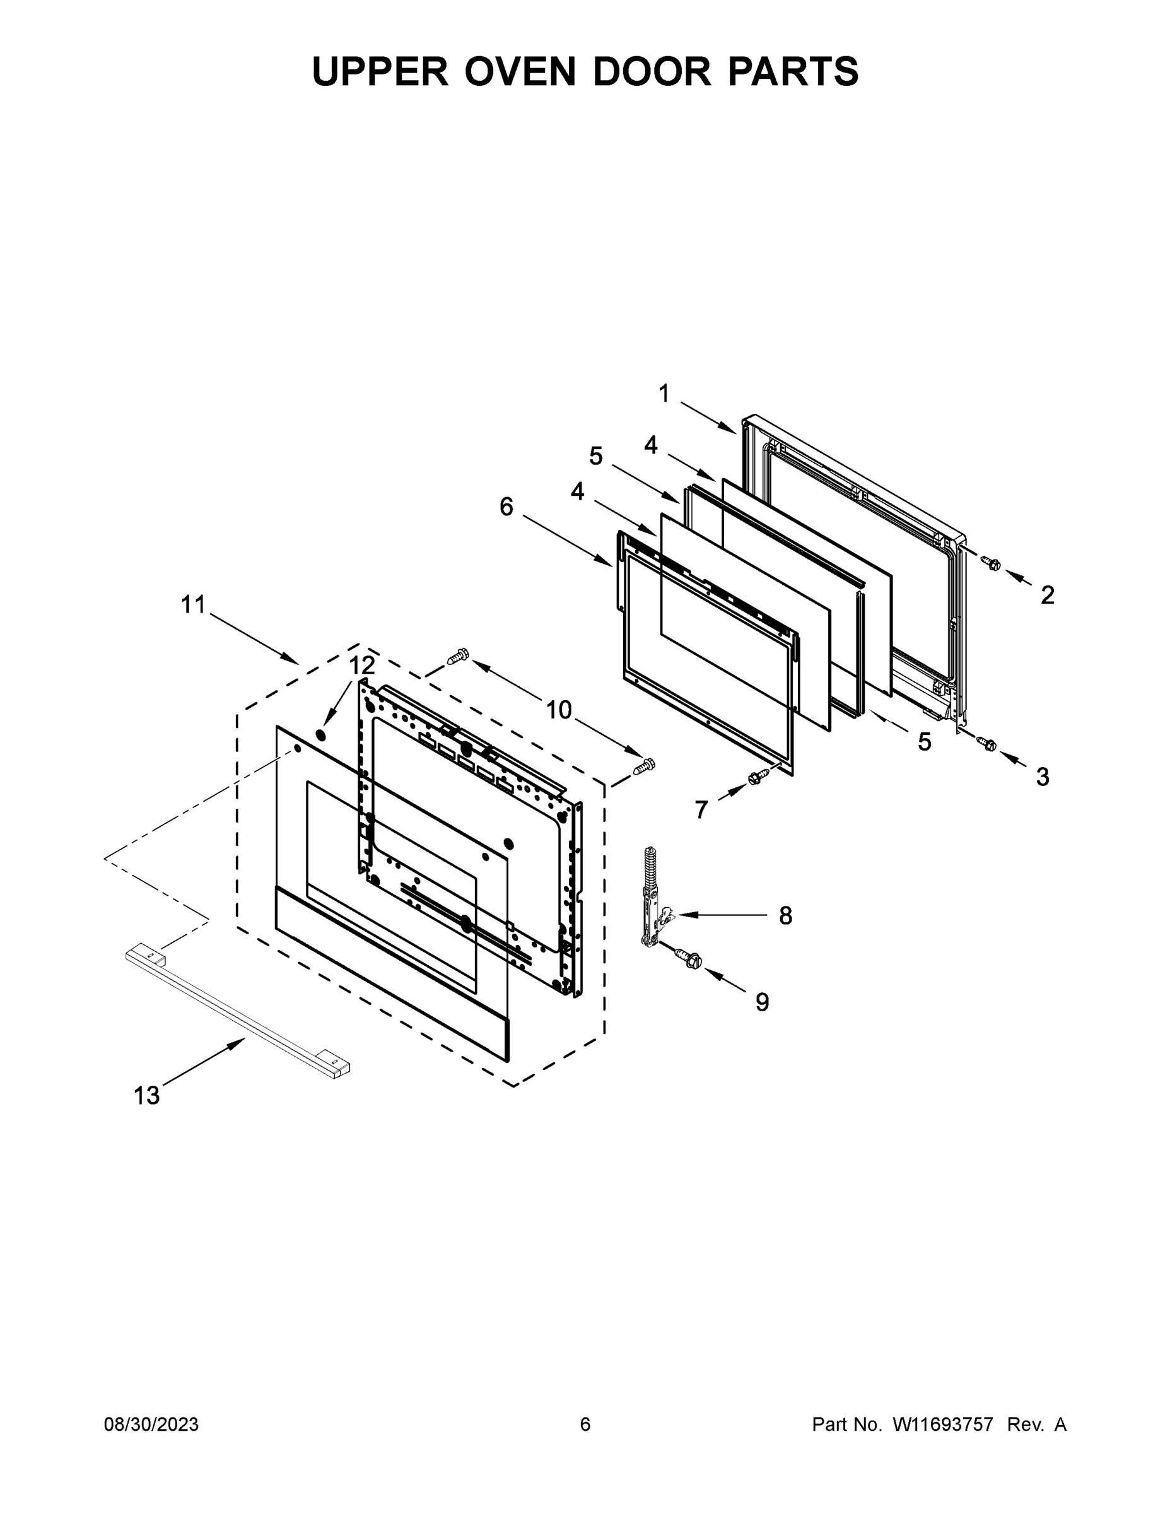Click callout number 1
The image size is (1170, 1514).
tap(664, 394)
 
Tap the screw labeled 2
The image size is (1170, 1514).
tap(992, 565)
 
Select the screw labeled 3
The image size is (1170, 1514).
tap(988, 744)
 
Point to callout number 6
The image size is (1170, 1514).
tap(506, 507)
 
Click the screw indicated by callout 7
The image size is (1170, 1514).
tap(758, 778)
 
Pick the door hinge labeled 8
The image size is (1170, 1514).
tap(652, 898)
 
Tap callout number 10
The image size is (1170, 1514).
tap(559, 710)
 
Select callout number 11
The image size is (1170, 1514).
tap(194, 604)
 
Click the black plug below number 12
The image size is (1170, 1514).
tap(320, 734)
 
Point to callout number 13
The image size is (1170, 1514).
tap(146, 1095)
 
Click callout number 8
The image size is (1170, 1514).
tap(785, 916)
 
